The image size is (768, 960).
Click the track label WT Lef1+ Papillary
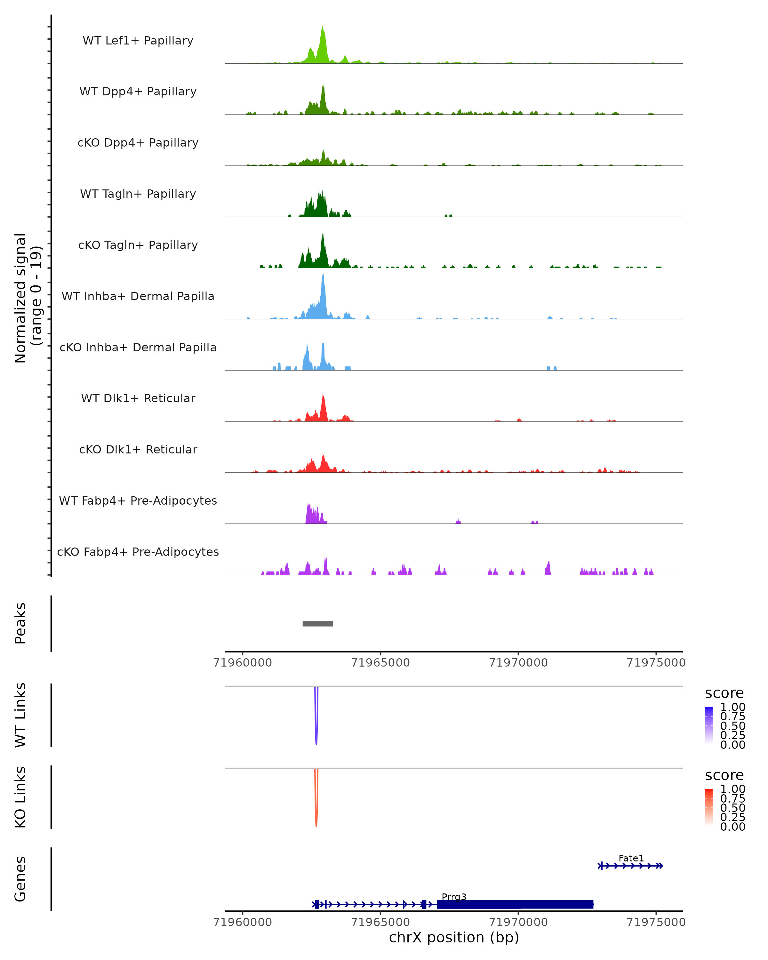tap(138, 41)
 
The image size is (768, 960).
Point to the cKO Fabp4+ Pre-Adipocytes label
tap(138, 552)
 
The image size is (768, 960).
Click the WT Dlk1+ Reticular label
tap(138, 398)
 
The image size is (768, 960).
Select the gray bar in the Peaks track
tap(317, 623)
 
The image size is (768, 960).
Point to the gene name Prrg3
tap(454, 897)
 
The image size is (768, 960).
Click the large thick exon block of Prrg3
tap(515, 904)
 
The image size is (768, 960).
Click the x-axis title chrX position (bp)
tap(454, 937)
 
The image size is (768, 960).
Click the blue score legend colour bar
tap(709, 725)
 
